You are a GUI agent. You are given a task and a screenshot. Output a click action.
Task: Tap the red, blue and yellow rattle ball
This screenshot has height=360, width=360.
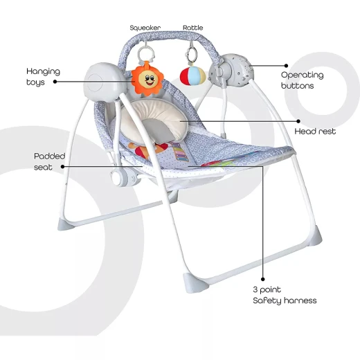192,76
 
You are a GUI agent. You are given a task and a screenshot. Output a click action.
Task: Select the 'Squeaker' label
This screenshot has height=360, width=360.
145,28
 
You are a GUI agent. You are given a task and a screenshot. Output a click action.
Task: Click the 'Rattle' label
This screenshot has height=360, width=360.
193,28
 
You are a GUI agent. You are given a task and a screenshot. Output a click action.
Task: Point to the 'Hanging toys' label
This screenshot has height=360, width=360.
43,77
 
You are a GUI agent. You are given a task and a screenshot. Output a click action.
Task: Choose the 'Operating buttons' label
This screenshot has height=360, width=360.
302,80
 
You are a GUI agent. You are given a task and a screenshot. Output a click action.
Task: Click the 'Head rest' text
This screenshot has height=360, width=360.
315,132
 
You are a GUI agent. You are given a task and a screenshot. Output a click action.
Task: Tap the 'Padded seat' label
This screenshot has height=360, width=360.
49,161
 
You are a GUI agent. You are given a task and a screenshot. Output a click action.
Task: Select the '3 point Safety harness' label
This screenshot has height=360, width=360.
285,295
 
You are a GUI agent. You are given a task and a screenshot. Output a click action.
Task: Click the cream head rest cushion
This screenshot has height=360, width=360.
154,120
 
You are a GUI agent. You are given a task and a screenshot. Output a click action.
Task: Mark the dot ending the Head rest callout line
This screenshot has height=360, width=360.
298,121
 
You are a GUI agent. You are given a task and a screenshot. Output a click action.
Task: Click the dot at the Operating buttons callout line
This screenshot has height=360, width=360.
286,66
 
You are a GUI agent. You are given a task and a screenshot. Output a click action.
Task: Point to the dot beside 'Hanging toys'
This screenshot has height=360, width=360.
55,82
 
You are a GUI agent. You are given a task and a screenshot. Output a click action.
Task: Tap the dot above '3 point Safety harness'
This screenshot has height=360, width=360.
263,279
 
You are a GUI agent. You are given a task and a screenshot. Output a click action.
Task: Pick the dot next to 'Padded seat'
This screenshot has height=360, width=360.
62,167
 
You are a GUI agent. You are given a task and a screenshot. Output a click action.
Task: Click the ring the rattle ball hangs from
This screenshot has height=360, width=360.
192,55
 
